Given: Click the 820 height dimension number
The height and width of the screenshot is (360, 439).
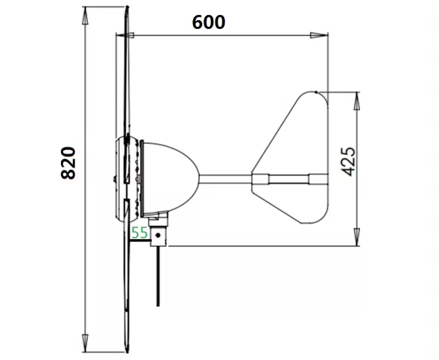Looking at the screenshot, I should click(68, 163).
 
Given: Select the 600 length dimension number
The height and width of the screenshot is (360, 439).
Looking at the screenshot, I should click(209, 23).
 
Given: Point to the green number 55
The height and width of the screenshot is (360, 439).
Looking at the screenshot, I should click(139, 233).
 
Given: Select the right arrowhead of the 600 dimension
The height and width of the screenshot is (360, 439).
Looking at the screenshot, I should click(323, 35).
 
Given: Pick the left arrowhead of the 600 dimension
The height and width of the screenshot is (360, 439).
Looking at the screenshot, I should click(122, 35).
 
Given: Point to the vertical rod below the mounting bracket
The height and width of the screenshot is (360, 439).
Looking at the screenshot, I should click(157, 276).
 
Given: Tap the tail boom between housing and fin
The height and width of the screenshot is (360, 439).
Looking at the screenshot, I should click(226, 179).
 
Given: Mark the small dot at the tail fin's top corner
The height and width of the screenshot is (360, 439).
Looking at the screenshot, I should click(318, 92).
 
